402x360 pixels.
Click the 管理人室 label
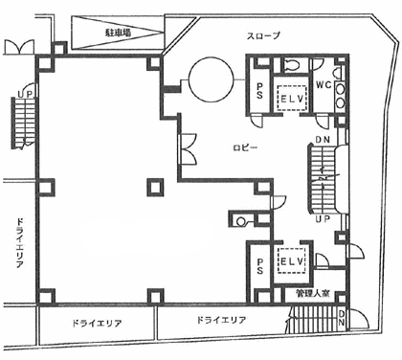tap(312, 293)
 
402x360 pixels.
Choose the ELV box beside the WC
tap(289, 98)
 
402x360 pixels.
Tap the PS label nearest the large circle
tap(259, 92)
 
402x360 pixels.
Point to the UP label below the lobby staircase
tap(323, 218)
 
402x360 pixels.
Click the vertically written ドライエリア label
tap(19, 247)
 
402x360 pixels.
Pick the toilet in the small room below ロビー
tap(238, 220)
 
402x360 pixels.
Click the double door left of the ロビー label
tap(189, 148)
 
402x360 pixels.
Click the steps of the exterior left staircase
tap(25, 120)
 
